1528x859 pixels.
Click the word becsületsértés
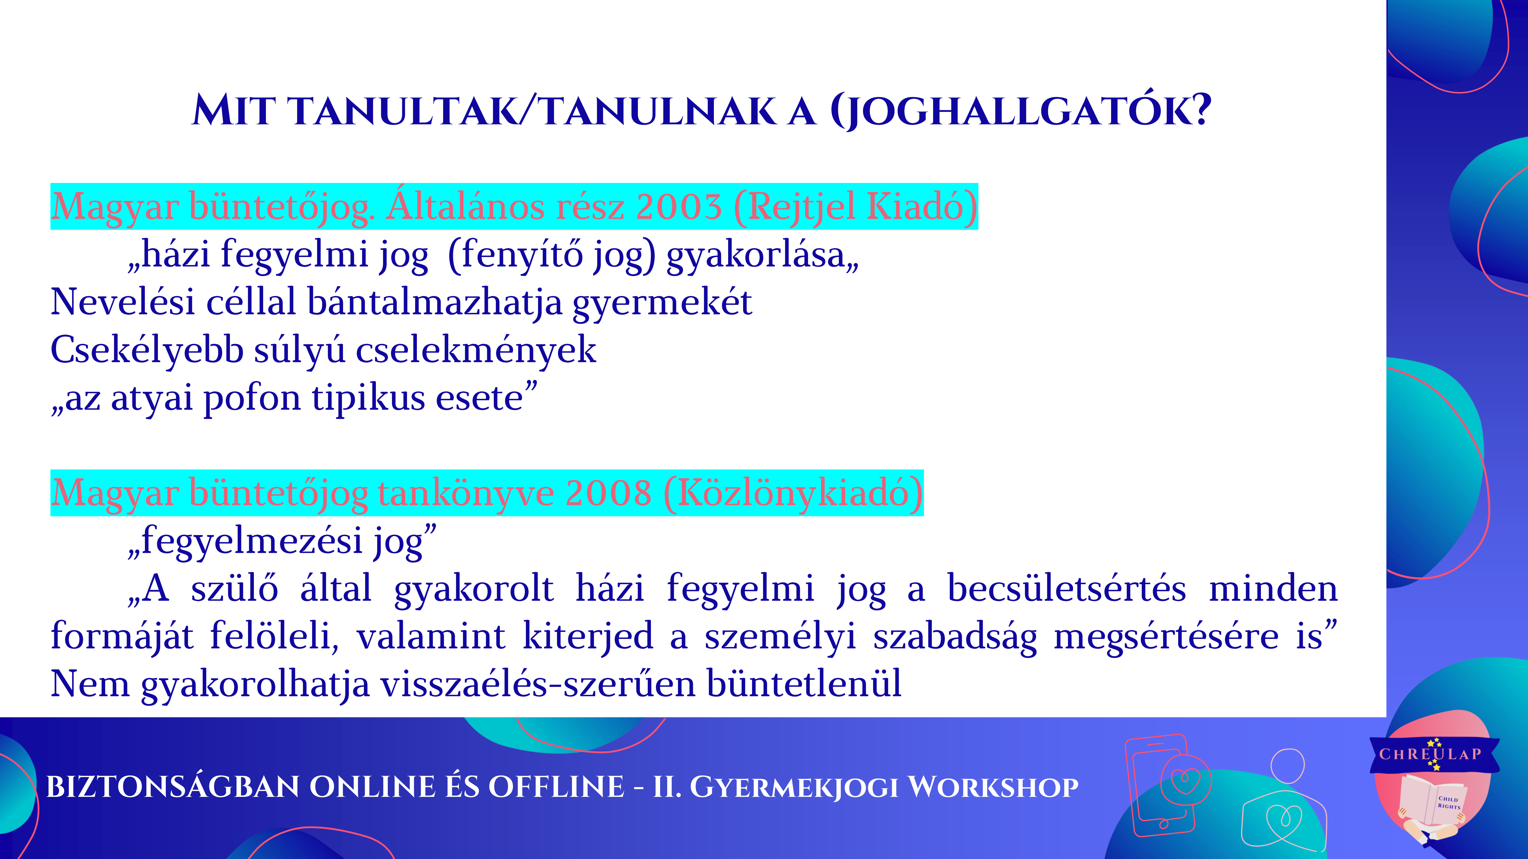(x=1067, y=589)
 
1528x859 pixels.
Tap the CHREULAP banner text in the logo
(x=1430, y=754)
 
